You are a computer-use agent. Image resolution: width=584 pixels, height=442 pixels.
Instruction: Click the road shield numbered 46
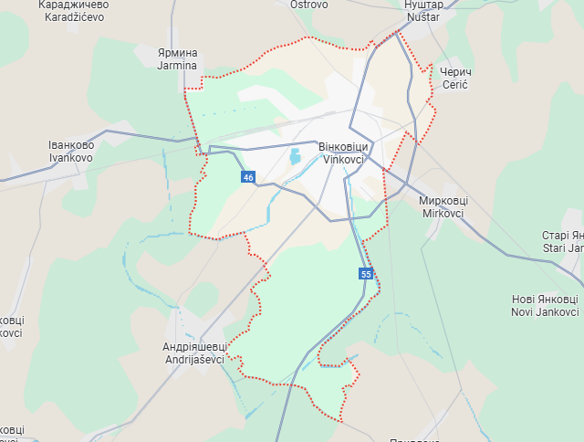coord(248,177)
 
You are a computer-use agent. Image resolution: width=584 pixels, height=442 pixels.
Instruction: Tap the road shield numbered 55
coord(366,274)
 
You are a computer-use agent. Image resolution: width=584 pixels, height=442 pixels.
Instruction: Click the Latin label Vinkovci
coord(343,159)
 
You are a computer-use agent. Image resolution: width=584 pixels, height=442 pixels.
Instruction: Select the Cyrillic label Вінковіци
coord(343,146)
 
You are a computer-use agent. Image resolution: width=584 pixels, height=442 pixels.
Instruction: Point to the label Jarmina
coord(177,66)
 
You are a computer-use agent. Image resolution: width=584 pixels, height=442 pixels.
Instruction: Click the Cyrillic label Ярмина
coord(177,53)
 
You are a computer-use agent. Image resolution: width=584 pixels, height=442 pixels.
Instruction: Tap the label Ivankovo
coord(71,157)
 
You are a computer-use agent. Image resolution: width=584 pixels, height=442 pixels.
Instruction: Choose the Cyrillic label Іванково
coord(71,144)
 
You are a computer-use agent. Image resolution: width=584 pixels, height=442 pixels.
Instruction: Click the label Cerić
coord(454,84)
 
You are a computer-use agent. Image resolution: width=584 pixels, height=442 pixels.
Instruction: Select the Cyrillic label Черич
coord(454,71)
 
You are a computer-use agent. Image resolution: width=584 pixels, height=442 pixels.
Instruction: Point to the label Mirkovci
coord(443,213)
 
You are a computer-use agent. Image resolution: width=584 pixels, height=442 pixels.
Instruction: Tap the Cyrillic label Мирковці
coord(443,200)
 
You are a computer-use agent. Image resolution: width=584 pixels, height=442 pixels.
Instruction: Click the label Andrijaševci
coord(193,360)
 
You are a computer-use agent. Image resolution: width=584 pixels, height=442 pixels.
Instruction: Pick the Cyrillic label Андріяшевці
coord(193,347)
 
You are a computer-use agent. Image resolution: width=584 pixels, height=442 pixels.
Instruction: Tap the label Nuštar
coord(422,16)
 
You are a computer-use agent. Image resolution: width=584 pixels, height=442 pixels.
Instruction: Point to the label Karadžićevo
coord(72,16)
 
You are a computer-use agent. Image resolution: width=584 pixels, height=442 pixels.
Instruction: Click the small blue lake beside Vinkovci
coord(295,157)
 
